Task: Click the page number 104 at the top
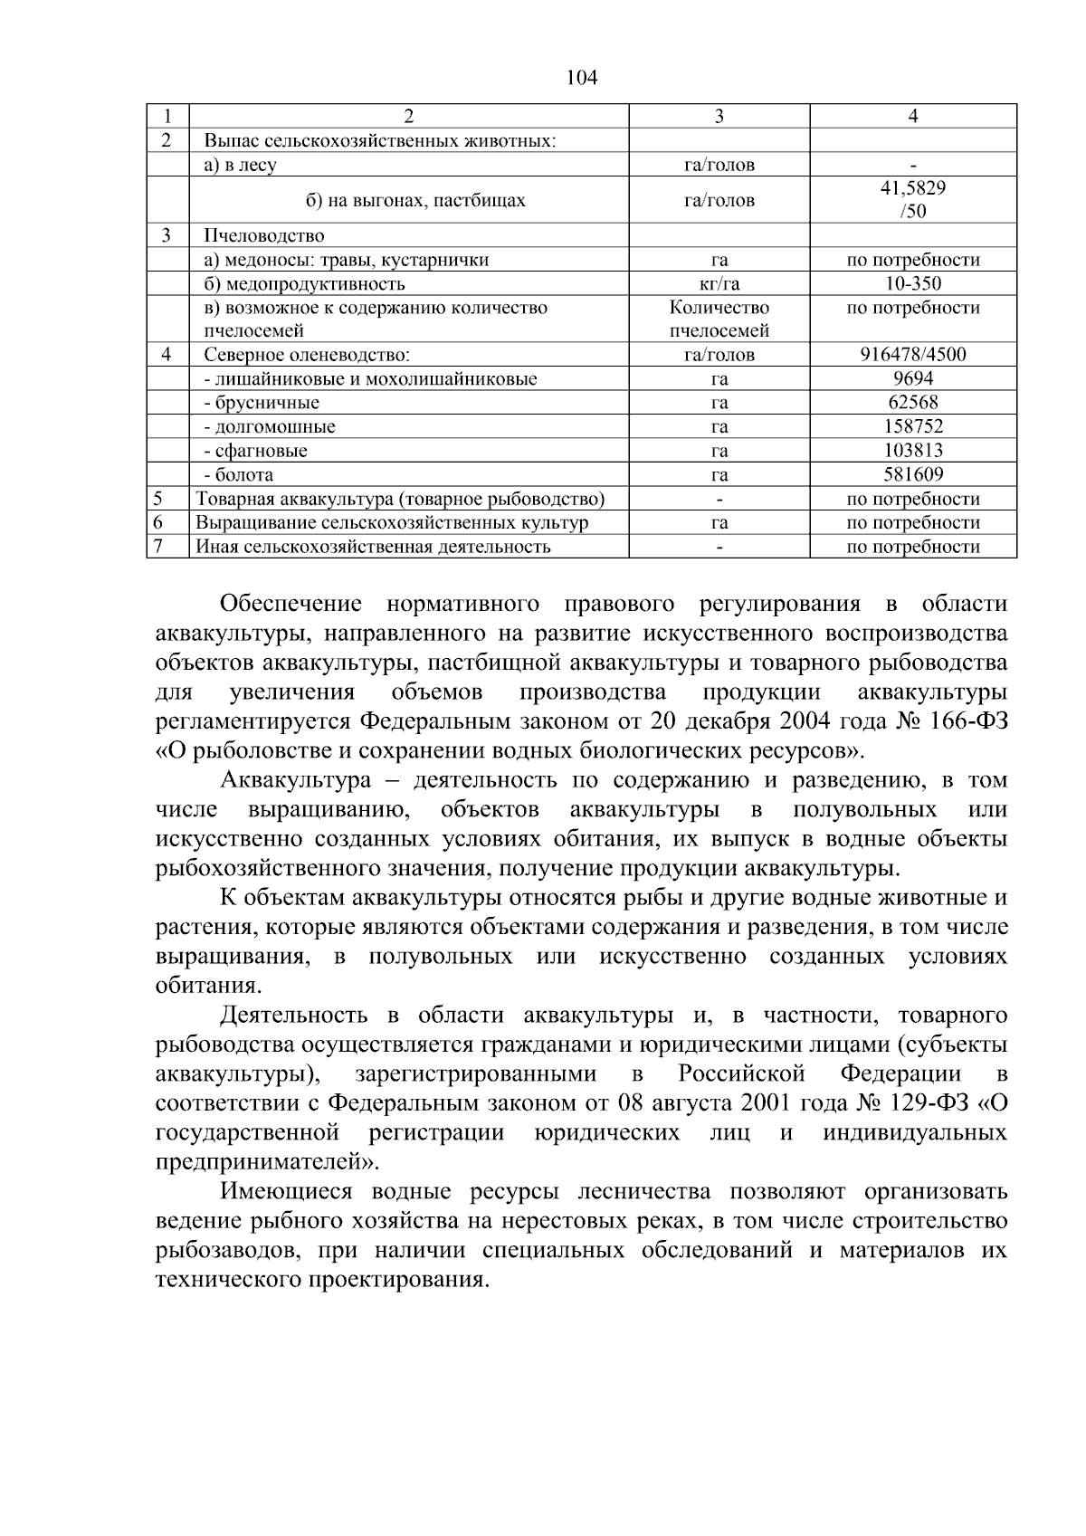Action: [581, 78]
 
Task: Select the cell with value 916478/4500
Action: [912, 355]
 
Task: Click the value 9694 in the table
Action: [912, 378]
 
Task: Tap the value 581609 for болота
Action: [912, 474]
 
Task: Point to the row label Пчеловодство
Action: [263, 236]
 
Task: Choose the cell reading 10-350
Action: [912, 283]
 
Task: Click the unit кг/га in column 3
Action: [719, 283]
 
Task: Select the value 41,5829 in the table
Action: [912, 188]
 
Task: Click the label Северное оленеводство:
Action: [307, 355]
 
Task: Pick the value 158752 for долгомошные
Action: [912, 426]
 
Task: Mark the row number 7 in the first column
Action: [158, 546]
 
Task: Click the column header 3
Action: [719, 116]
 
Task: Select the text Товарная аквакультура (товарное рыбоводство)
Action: [400, 499]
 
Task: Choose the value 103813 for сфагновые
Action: [912, 451]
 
